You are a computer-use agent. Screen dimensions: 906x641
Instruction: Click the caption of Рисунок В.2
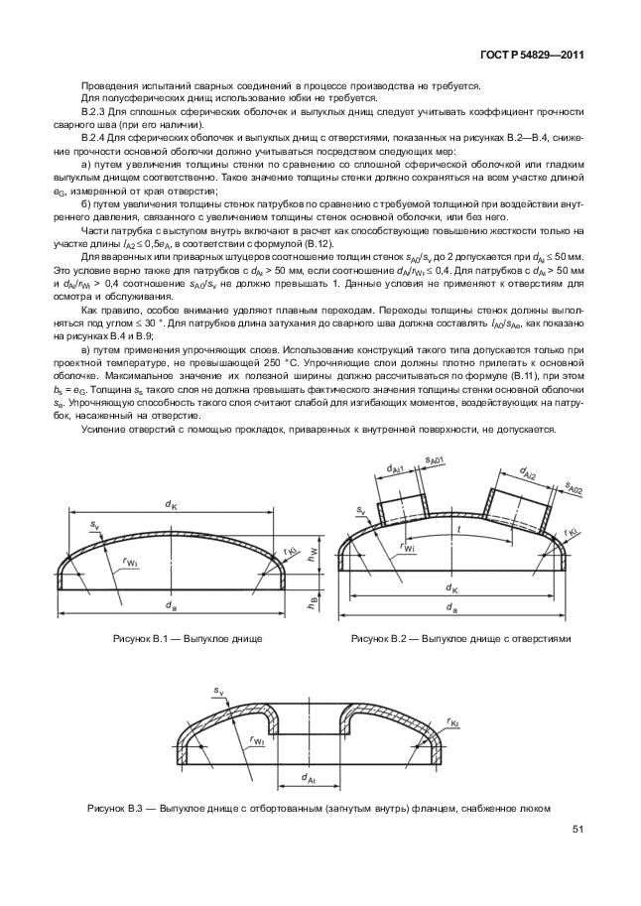coord(460,638)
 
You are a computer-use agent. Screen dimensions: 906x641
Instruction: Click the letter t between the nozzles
coord(457,529)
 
